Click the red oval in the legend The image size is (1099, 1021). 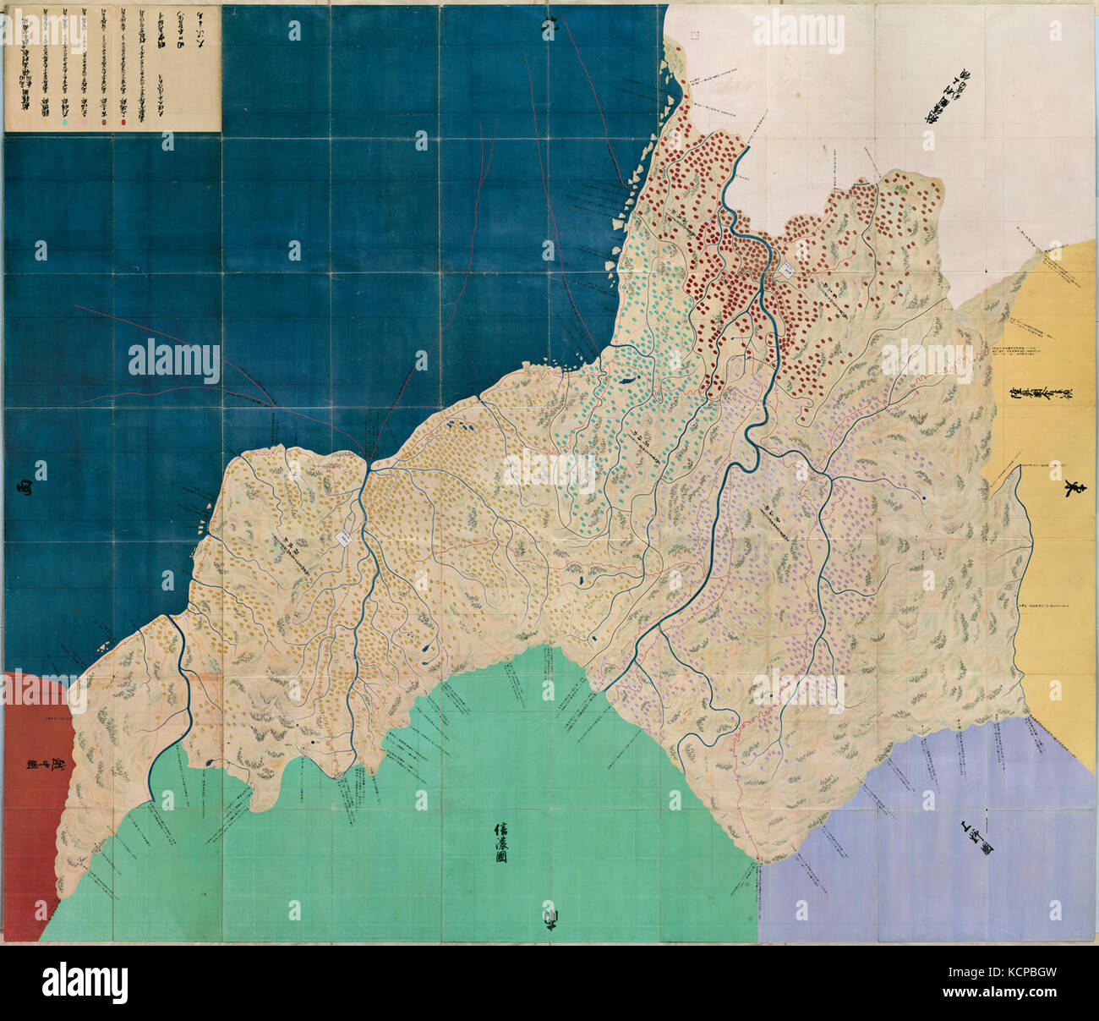click(x=124, y=123)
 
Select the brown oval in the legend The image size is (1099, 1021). click(x=104, y=123)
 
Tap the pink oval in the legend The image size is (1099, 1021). click(x=85, y=123)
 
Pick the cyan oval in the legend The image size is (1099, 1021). click(x=64, y=123)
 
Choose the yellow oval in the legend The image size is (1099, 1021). click(x=44, y=123)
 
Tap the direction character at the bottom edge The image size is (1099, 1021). click(x=549, y=917)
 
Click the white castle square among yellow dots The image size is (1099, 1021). click(x=346, y=537)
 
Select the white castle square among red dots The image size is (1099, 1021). click(x=785, y=270)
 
